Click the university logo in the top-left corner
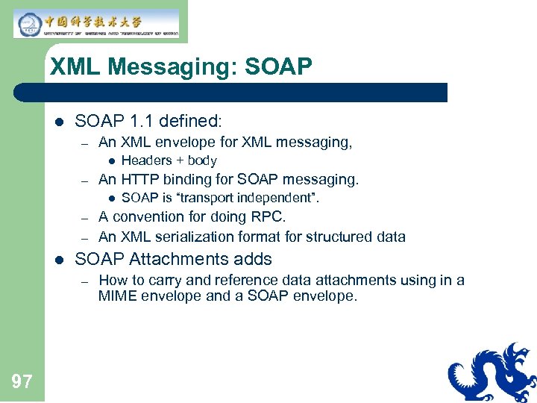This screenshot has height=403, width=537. [96, 23]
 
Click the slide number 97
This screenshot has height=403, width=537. [22, 382]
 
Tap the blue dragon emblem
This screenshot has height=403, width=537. [492, 372]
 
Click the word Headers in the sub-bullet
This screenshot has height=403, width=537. [146, 160]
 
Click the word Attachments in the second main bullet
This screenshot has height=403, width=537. [172, 259]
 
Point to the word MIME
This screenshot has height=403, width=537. [116, 296]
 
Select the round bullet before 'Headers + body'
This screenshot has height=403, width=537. [110, 161]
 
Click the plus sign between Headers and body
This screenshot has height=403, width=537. [179, 160]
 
